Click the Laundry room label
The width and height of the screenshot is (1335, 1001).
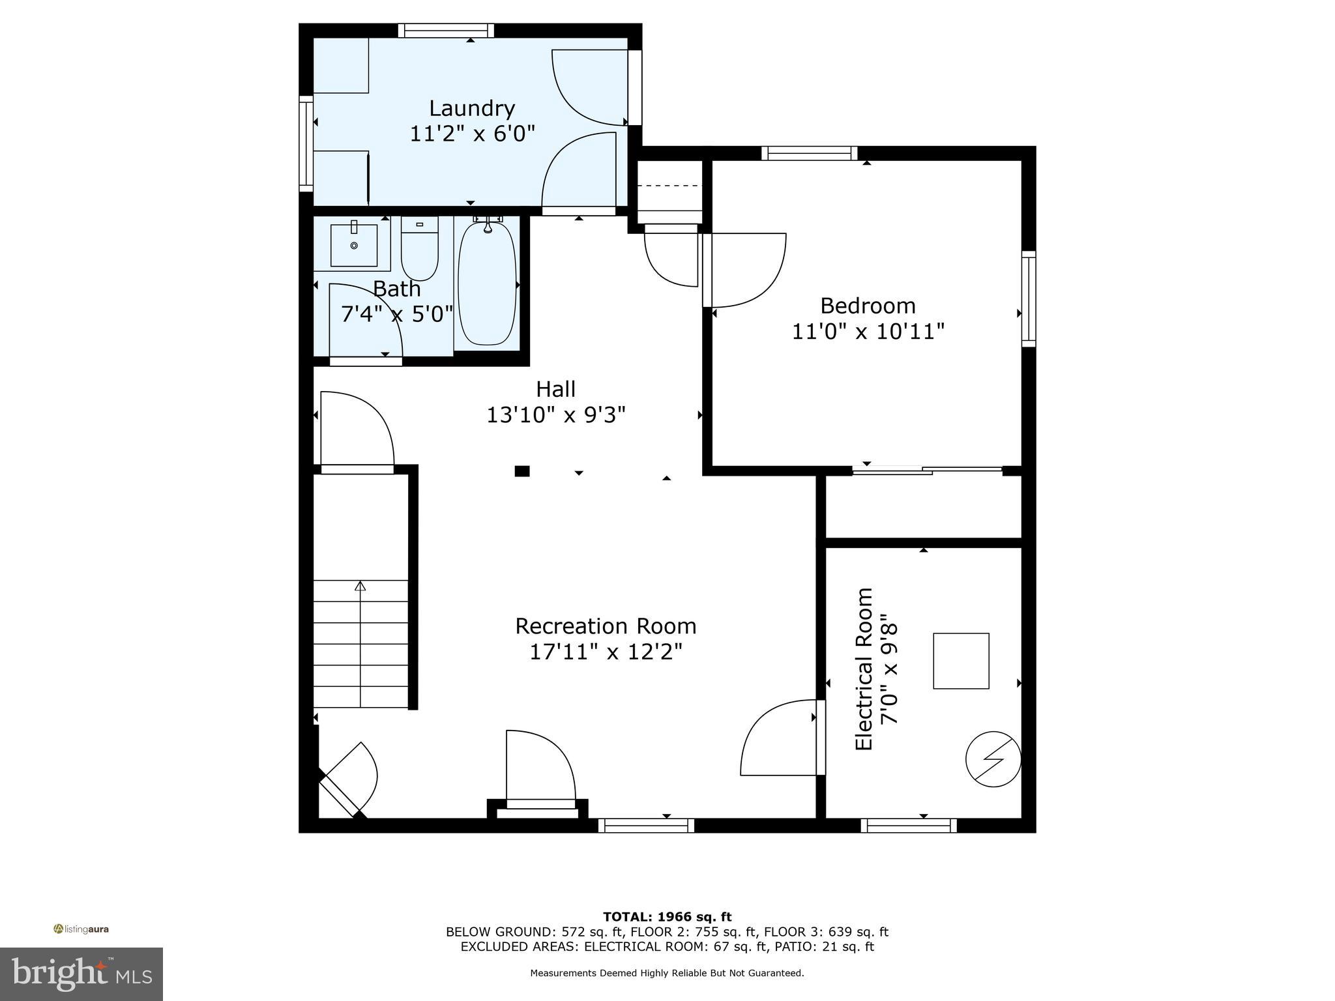[x=472, y=108]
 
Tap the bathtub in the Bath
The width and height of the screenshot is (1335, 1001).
[x=487, y=285]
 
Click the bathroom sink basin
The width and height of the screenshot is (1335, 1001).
[x=353, y=245]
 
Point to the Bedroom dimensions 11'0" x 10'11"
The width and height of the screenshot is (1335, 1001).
[x=868, y=332]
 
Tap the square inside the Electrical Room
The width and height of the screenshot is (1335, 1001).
[x=961, y=661]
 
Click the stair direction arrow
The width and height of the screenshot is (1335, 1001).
[x=360, y=587]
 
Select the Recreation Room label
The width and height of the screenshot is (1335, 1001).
[x=606, y=626]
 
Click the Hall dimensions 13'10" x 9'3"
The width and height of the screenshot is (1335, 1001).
[x=556, y=415]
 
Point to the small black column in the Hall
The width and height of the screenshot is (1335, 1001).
[x=521, y=471]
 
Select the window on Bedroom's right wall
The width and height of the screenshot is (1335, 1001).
[x=1028, y=298]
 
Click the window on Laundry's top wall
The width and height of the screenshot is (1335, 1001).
[x=446, y=31]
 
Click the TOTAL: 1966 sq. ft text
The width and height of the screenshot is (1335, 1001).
[x=667, y=917]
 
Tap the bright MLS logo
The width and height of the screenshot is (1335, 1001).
[x=81, y=974]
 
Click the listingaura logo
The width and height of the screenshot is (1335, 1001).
[x=81, y=929]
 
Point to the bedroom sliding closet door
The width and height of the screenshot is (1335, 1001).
[x=927, y=469]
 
